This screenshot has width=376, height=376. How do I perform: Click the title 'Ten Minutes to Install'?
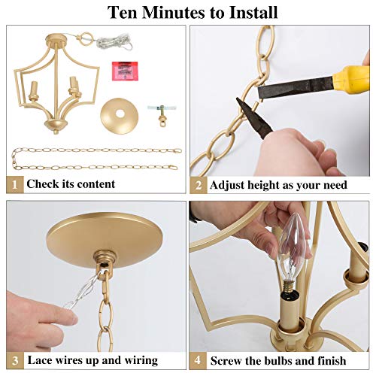(192, 13)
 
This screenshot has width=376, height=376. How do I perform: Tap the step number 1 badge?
(14, 183)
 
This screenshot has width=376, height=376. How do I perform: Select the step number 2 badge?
(198, 184)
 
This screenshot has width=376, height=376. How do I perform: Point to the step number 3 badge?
(14, 360)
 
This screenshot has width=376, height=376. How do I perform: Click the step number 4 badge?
(198, 360)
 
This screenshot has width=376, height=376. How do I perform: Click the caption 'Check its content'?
(71, 183)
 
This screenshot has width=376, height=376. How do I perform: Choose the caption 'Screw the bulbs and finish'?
(277, 360)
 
